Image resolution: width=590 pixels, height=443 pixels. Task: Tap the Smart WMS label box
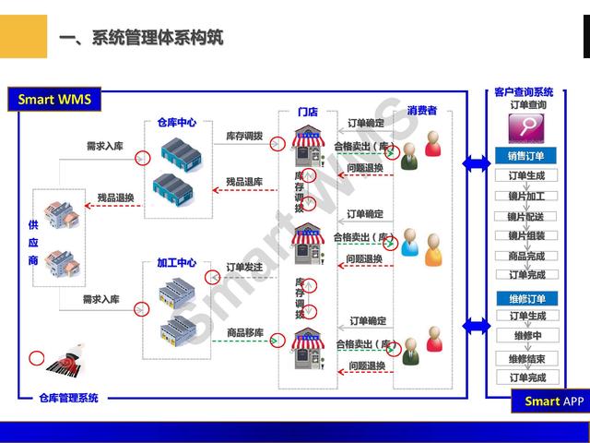pos(54,100)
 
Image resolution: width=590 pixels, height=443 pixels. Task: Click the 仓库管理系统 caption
pos(68,398)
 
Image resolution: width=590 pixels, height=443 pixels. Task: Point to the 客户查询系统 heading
pos(524,92)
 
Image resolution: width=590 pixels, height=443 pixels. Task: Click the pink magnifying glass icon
pos(527,126)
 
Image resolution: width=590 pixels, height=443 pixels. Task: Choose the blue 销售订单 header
pos(526,156)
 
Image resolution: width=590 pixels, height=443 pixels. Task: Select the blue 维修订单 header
pos(526,299)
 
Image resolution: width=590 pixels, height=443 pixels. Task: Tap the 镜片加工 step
pos(526,196)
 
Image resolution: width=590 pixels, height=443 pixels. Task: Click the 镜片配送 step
pos(526,216)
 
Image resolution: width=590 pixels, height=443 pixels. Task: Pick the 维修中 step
pos(526,336)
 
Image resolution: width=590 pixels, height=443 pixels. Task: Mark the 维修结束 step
pos(526,357)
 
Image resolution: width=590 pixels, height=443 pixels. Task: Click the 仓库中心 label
pos(176,122)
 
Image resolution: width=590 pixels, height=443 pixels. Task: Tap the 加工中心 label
pos(176,262)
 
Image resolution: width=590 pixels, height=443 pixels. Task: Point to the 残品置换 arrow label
pos(116,198)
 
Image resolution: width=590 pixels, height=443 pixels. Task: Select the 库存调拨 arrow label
pos(244,137)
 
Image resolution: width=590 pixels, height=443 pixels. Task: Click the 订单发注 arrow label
pos(244,268)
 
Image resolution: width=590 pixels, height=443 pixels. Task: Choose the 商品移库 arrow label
pos(245,332)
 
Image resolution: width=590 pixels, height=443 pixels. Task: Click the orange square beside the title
pos(23,37)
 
